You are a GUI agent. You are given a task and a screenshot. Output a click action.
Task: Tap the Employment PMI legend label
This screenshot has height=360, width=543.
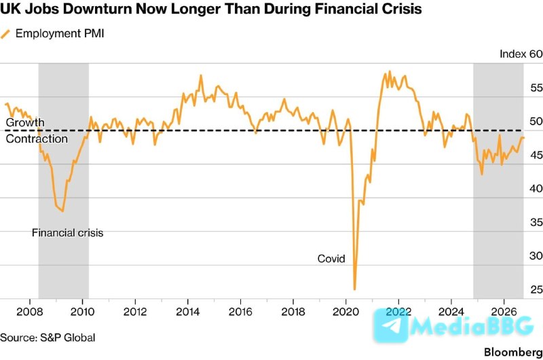[60, 33]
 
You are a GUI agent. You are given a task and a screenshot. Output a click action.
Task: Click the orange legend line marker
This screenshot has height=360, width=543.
[5, 34]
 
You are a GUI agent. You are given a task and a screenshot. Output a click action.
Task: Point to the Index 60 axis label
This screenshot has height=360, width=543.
[521, 54]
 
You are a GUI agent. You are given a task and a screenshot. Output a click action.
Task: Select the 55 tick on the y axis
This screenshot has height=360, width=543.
[536, 88]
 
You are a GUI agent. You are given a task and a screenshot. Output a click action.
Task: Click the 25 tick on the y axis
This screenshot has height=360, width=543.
[536, 289]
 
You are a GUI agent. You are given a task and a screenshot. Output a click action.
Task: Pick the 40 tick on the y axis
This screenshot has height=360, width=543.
[536, 188]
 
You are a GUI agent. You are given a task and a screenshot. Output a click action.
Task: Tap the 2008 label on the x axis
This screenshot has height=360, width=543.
[30, 312]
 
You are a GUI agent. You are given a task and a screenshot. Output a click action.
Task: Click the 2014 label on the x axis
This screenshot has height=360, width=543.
[188, 312]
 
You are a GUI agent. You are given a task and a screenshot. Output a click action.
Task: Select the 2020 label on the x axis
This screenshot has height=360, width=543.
[345, 312]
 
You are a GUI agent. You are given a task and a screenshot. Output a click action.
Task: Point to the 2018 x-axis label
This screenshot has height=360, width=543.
[293, 312]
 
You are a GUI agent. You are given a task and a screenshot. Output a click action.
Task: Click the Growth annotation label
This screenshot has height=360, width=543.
[25, 122]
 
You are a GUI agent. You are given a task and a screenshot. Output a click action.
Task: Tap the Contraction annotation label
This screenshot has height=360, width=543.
[37, 139]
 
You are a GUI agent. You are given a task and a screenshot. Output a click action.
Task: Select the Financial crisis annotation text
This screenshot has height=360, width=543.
[67, 232]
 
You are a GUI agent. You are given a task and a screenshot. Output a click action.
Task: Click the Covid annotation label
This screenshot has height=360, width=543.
[331, 259]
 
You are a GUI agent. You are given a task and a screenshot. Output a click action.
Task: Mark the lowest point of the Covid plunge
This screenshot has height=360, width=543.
[354, 289]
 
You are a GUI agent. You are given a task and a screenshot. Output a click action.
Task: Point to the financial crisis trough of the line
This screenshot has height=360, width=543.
[62, 211]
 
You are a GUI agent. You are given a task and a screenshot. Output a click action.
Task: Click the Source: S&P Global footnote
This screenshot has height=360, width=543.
[48, 338]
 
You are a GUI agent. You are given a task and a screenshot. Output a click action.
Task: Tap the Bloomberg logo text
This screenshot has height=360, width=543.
[513, 352]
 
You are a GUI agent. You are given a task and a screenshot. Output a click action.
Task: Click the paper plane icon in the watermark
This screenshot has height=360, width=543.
[392, 325]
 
